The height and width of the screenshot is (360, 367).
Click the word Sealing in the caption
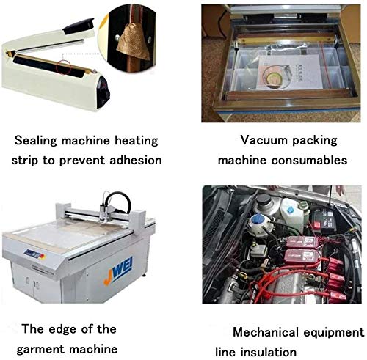coord(35,141)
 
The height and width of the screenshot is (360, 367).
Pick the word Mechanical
coord(266,332)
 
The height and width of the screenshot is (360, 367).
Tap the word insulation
coord(269,353)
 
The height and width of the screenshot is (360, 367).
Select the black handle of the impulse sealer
coord(79,26)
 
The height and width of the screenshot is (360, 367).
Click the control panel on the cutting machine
coord(34,254)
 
